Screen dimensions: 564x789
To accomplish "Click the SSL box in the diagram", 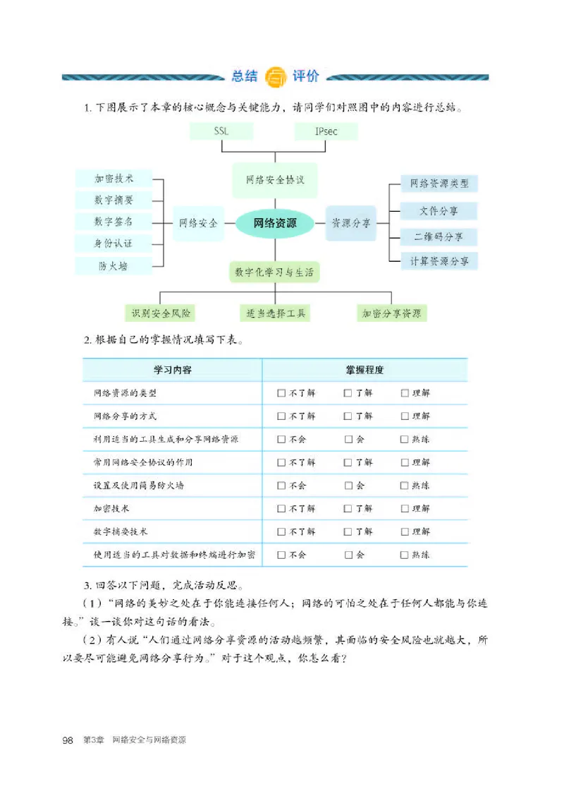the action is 221,131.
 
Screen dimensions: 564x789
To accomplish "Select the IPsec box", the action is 326,131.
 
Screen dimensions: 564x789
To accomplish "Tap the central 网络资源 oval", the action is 276,223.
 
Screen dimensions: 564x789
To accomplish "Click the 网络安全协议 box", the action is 275,179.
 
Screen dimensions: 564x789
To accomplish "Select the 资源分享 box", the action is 351,223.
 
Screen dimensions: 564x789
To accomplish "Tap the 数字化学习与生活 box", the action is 274,272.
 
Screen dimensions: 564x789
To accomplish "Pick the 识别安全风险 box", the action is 161,312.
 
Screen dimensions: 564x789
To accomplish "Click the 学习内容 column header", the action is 173,370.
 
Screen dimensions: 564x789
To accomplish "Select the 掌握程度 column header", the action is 364,370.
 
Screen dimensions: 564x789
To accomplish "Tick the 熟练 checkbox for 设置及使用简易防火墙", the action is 404,486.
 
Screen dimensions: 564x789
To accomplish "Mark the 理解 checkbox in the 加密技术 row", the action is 405,508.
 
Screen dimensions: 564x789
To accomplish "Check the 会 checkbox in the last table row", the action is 349,555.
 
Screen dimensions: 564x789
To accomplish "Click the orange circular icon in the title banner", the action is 276,76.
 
